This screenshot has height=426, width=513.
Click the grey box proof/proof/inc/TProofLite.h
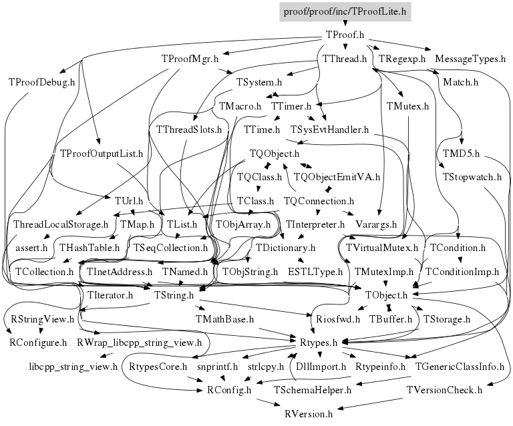point(345,11)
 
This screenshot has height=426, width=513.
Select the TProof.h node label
point(344,35)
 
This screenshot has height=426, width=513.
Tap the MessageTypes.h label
point(470,59)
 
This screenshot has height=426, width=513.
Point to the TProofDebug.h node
point(41,82)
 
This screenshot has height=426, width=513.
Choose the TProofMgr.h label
point(190,59)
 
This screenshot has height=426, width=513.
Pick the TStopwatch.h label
point(472,178)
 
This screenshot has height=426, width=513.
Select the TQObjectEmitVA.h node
point(337,177)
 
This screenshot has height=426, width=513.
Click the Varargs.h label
point(375,224)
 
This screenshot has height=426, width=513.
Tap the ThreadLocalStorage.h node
point(60,224)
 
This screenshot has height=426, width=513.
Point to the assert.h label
point(31,248)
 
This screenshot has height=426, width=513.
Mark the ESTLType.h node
point(315,272)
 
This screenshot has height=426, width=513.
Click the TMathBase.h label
point(225,319)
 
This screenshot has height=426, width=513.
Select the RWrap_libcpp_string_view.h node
point(139,343)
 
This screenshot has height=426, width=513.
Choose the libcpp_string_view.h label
point(73,366)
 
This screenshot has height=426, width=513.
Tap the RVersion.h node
point(308,414)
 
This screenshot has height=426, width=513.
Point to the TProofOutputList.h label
point(102,154)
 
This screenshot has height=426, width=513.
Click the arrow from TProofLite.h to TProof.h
point(345,23)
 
